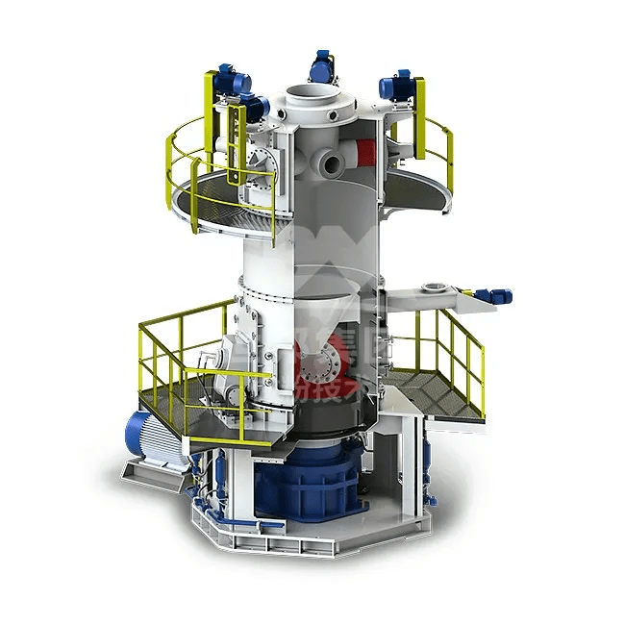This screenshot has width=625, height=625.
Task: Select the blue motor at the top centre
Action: click(x=322, y=67)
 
